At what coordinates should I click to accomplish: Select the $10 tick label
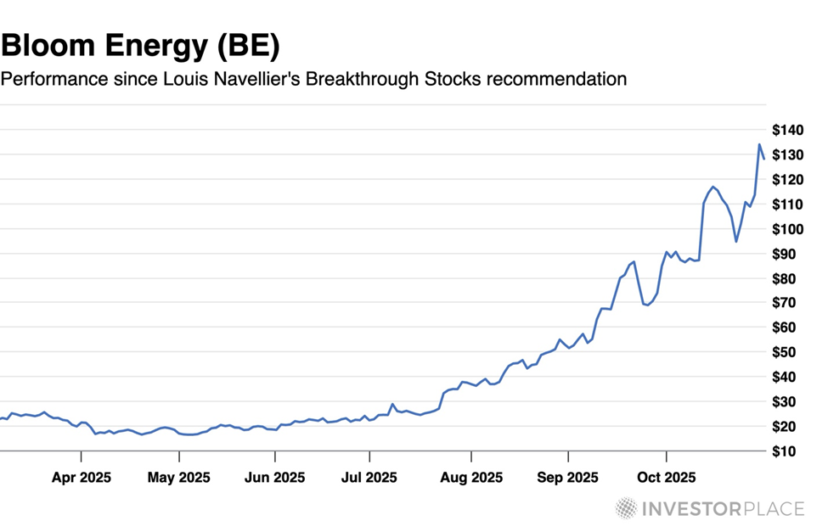pyautogui.click(x=790, y=451)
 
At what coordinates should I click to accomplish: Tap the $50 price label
pyautogui.click(x=790, y=352)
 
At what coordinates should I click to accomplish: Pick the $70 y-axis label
pyautogui.click(x=790, y=303)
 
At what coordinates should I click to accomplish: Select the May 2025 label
pyautogui.click(x=179, y=478)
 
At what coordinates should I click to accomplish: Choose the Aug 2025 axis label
pyautogui.click(x=470, y=478)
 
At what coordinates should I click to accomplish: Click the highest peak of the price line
pyautogui.click(x=758, y=144)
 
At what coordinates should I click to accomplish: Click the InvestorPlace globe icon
pyautogui.click(x=627, y=509)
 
